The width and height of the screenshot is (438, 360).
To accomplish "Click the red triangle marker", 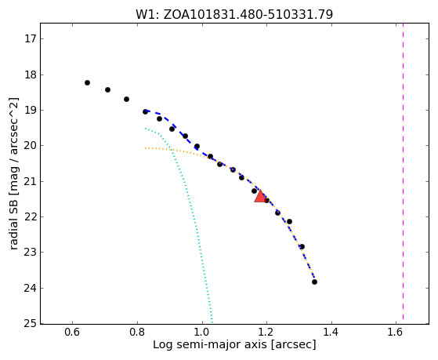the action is tap(260, 197).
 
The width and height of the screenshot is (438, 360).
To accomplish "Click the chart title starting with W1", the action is tap(234, 15).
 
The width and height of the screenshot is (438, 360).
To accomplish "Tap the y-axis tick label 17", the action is tap(31, 39).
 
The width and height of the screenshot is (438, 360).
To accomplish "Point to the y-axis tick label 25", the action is tap(31, 324).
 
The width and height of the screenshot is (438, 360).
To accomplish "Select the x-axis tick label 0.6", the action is tap(72, 333).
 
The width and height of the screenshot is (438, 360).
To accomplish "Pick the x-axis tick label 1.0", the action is tap(201, 333).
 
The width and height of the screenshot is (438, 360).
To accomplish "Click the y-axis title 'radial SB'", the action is tap(13, 221).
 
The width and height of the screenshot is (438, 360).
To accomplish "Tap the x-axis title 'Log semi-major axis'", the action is tap(209, 345).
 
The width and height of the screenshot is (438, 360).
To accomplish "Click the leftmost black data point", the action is tap(87, 83).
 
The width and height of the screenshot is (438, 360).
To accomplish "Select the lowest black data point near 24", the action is tap(314, 282).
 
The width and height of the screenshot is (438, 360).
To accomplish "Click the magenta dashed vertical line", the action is tap(403, 171).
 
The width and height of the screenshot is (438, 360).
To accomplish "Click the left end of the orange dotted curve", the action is tap(145, 147).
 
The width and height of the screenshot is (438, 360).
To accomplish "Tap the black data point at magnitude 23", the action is tap(302, 247).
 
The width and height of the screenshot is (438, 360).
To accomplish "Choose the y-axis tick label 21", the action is tap(31, 181).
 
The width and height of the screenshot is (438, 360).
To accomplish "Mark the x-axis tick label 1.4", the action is tap(331, 333).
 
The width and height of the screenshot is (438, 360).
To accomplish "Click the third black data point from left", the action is tap(126, 100).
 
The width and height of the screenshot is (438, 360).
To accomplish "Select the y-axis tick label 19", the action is tap(31, 111).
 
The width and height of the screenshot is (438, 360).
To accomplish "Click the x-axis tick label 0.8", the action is tap(137, 333).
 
